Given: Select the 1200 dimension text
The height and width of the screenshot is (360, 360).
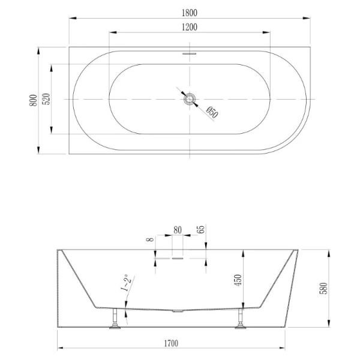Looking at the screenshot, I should point(189,27).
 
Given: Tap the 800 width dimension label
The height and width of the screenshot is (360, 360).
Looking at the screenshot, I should point(34,99).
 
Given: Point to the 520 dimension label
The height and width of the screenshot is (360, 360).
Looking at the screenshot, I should point(46,99).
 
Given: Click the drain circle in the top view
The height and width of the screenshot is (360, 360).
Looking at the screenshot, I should point(190,98).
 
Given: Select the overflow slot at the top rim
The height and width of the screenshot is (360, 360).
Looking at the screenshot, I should point(190,52).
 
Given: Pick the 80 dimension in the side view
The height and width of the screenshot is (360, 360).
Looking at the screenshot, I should point(178,229).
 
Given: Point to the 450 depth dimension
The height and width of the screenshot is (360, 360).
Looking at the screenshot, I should point(238,280).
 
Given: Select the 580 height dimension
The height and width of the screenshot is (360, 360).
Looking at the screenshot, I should point(324,289).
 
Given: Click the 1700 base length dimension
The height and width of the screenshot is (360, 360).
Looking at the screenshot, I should point(171,343).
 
